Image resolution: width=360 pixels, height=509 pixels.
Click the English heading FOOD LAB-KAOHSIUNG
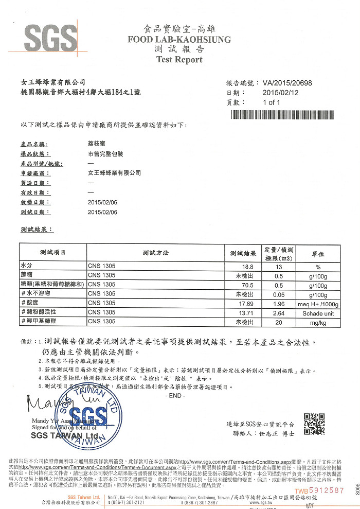click(x=179, y=40)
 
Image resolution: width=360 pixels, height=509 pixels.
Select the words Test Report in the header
click(x=179, y=59)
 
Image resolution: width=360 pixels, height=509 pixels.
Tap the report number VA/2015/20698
click(x=287, y=83)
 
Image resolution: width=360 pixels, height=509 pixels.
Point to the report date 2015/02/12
click(x=280, y=93)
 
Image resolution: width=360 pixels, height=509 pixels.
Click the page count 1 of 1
click(x=271, y=102)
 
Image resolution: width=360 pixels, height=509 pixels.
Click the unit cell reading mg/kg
click(x=318, y=322)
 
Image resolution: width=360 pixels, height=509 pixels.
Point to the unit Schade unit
click(x=318, y=313)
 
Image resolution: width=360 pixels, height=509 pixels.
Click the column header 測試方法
click(x=156, y=253)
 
